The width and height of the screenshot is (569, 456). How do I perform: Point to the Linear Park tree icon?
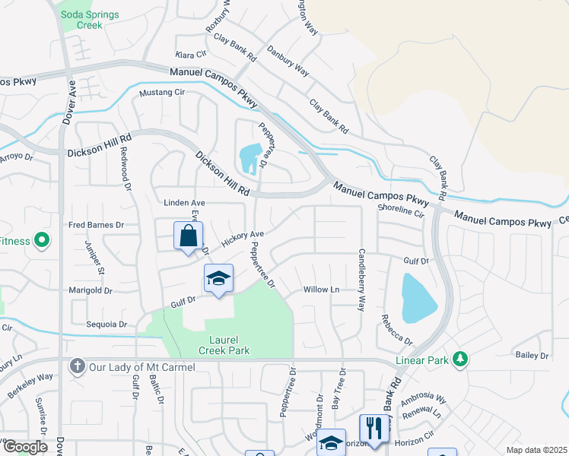459,359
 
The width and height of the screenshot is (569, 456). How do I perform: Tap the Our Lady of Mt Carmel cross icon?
76,367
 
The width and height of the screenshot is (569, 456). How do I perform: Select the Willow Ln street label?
321,290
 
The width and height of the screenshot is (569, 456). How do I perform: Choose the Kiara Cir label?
191,55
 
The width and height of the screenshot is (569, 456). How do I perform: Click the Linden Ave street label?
186,203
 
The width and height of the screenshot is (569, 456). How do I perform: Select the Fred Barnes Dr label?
96,225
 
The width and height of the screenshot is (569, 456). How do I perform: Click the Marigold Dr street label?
90,290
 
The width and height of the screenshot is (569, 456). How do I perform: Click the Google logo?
25,447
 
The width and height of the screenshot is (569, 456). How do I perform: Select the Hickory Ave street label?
242,238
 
